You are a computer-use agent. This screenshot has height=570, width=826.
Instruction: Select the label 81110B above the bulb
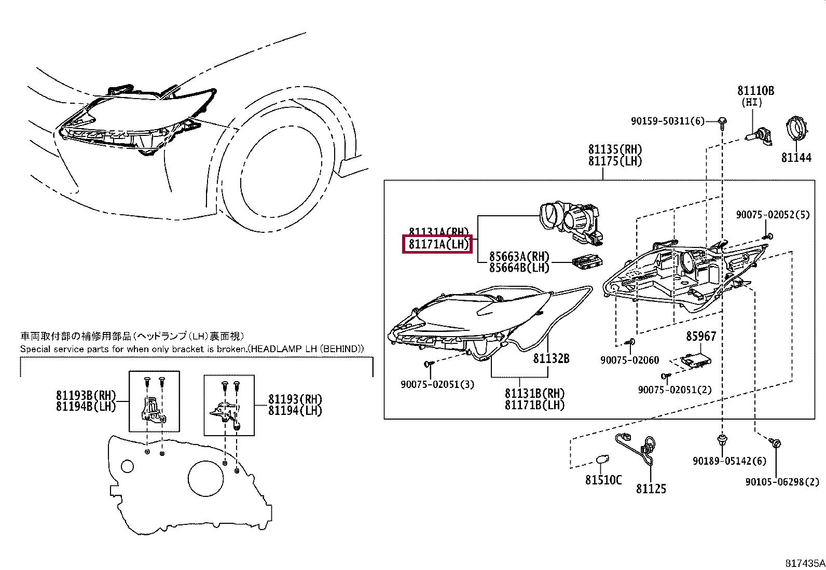[x=755, y=91]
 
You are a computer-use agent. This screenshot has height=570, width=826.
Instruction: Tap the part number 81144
[x=796, y=158]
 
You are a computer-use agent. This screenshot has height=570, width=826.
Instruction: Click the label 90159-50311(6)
[x=667, y=121]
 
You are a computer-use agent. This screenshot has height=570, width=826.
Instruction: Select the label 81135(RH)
[x=615, y=149]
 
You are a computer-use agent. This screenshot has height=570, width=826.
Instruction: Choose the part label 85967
[x=700, y=336]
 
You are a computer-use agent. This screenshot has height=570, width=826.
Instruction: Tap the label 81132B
[x=552, y=358]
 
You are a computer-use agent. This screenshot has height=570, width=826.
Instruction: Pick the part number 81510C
[x=603, y=480]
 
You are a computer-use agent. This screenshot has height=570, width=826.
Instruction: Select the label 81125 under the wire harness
[x=651, y=489]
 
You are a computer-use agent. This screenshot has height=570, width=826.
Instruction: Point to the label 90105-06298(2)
[x=782, y=482]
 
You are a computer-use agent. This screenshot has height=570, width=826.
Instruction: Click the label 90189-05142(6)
[x=722, y=461]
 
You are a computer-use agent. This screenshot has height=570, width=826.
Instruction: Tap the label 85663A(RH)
[x=519, y=256]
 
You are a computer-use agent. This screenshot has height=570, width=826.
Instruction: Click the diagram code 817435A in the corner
[x=804, y=563]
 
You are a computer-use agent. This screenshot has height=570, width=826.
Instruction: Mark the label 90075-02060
[x=629, y=359]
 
